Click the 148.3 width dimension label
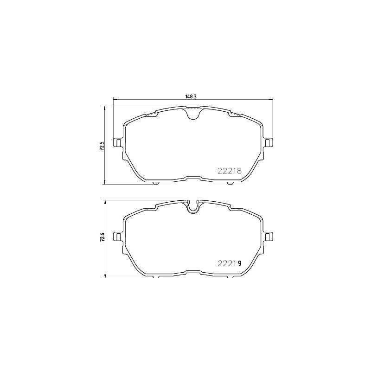[x=191, y=96]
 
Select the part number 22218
[x=230, y=171]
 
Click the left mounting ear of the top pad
[x=118, y=143]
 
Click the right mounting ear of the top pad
[x=268, y=143]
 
